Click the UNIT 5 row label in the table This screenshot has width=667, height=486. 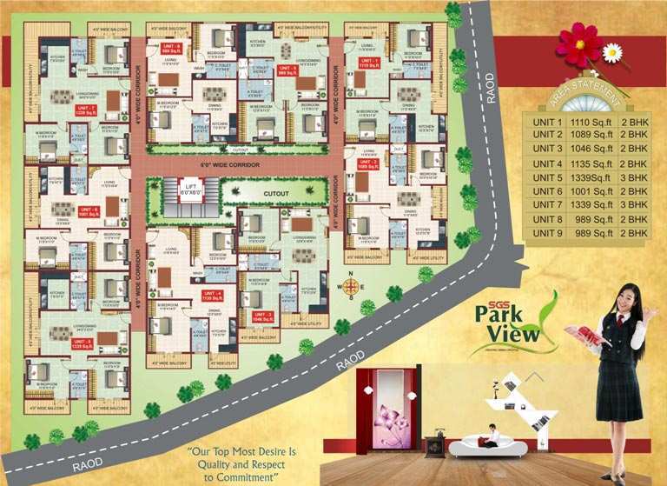[x=547, y=176]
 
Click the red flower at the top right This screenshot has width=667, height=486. [x=579, y=43]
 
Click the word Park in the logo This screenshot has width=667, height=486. [x=503, y=314]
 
